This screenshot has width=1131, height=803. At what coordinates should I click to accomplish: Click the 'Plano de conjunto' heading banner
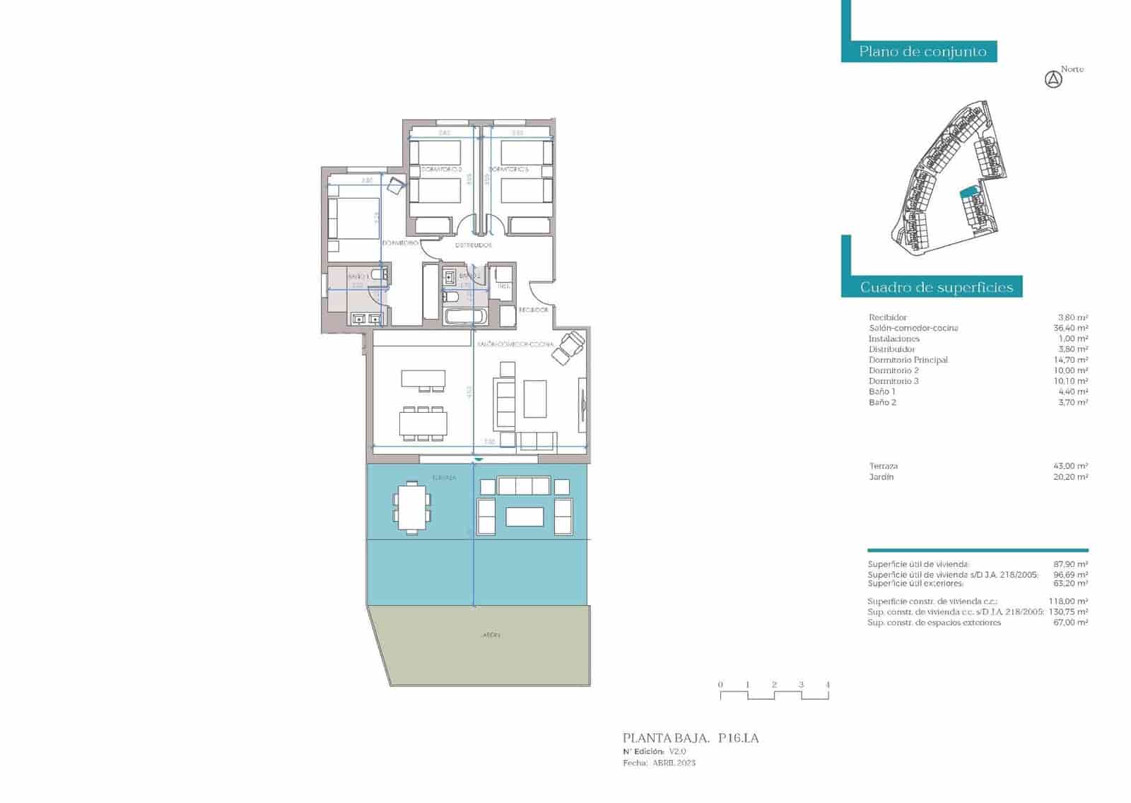(x=922, y=52)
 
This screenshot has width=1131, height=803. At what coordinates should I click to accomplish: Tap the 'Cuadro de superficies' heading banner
(x=936, y=287)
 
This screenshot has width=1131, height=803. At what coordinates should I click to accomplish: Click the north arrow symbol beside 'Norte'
(x=1053, y=80)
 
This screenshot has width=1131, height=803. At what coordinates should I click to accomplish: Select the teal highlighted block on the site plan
(x=968, y=192)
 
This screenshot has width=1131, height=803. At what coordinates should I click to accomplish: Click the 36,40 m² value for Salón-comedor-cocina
(x=1070, y=328)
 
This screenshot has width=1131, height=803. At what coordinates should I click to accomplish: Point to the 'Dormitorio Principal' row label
(x=908, y=360)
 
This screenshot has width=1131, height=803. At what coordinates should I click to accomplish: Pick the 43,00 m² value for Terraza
(x=1070, y=466)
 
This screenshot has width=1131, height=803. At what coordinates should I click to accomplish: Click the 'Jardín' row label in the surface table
(x=881, y=477)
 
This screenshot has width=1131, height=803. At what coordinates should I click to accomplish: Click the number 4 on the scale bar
(x=827, y=684)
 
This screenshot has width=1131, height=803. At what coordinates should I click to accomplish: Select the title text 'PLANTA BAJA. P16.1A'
(x=691, y=738)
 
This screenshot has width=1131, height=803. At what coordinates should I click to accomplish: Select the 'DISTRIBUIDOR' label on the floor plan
(x=473, y=245)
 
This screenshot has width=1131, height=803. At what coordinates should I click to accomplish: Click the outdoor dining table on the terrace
(x=411, y=507)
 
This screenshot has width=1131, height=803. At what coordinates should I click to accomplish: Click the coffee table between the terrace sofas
(x=524, y=517)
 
